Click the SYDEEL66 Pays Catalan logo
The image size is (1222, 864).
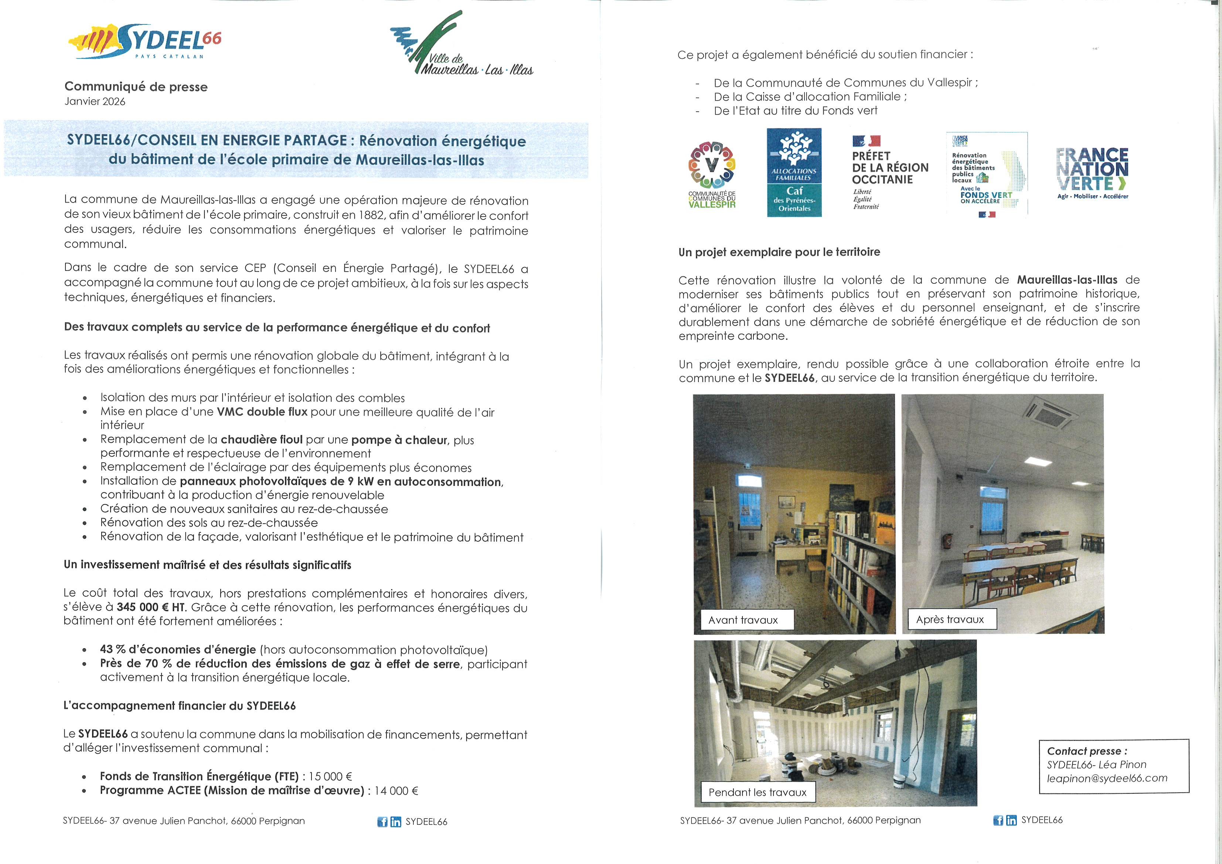[x=145, y=41]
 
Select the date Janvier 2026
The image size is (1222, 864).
[x=95, y=102]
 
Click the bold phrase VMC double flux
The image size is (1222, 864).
[x=262, y=412]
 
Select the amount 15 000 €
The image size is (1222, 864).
[x=330, y=777]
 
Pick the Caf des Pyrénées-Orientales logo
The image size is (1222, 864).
[x=794, y=173]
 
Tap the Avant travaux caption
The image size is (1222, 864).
[x=743, y=620]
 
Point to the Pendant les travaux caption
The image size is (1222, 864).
[x=758, y=793]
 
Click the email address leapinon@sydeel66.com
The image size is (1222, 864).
[x=1107, y=778]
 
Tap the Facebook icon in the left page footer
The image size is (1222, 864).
[x=382, y=822]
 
